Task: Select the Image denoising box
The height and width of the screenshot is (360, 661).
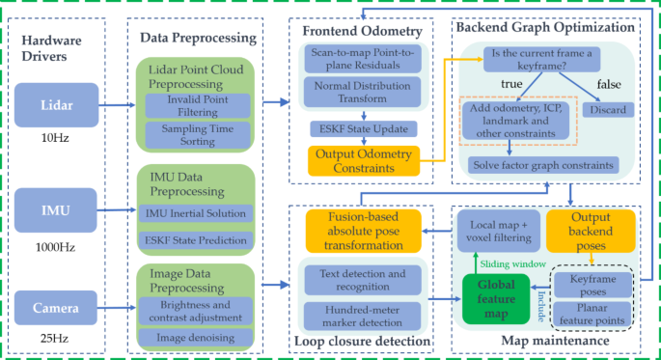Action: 198,337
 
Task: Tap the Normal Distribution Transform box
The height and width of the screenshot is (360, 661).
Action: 360,91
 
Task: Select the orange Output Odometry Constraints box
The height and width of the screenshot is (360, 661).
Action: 360,160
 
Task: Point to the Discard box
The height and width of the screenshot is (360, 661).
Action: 608,109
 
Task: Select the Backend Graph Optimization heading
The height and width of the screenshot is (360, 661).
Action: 546,27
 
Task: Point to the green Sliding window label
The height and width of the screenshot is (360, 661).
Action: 513,263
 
